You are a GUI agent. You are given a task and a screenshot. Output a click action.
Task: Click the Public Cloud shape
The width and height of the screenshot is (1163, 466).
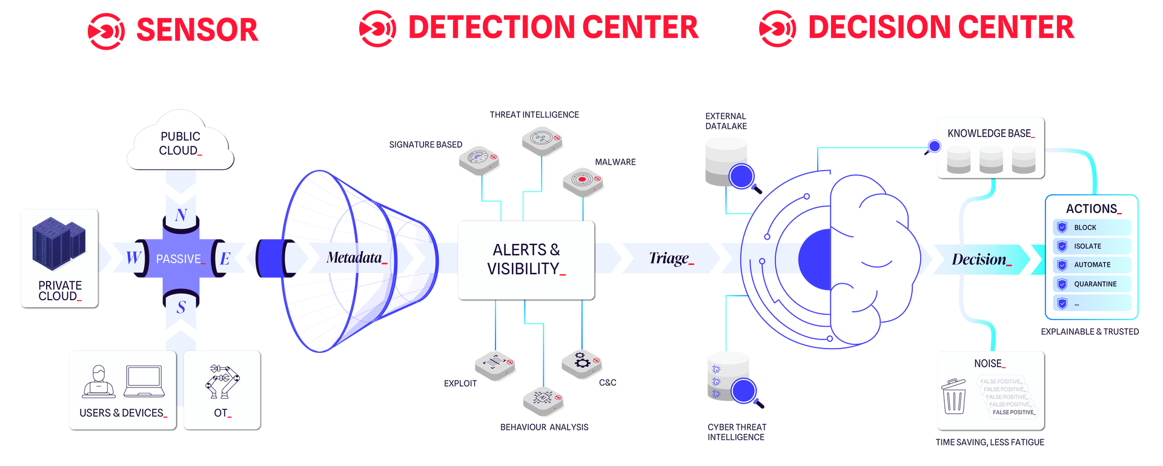click(180, 143)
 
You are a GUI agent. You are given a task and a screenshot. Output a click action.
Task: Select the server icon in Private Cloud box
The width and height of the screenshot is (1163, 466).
click(59, 243)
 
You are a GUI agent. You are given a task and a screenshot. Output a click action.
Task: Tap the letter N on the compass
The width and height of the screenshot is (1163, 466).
click(181, 215)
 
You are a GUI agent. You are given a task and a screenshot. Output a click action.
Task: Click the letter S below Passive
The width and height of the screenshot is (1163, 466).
click(181, 307)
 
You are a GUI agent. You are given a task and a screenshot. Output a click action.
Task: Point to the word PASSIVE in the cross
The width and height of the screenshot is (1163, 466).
click(179, 259)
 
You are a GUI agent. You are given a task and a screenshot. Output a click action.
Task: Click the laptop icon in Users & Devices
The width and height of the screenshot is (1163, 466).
click(144, 381)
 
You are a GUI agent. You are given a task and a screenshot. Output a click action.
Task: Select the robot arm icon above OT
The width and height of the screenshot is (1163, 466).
click(222, 381)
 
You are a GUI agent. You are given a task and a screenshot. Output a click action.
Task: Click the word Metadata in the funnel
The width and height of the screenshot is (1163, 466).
click(354, 258)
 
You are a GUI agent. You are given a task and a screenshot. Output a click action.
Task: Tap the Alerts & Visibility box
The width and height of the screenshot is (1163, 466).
click(526, 260)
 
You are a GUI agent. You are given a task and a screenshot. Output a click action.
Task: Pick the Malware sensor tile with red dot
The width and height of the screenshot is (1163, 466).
click(583, 181)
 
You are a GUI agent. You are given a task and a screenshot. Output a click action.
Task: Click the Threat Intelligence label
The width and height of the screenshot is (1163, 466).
click(534, 115)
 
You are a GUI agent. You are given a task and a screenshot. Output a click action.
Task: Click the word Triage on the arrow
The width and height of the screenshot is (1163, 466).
click(669, 258)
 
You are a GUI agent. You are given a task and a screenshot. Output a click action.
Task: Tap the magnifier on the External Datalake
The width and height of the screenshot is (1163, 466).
click(742, 177)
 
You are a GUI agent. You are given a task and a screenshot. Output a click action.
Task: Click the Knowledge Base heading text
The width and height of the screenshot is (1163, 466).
click(990, 133)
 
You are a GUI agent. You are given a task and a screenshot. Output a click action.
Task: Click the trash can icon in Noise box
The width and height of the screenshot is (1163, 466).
click(955, 396)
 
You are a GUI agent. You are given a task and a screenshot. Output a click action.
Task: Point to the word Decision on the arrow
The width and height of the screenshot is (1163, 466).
click(979, 259)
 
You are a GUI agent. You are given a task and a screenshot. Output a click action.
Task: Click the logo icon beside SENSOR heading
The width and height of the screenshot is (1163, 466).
click(106, 30)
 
